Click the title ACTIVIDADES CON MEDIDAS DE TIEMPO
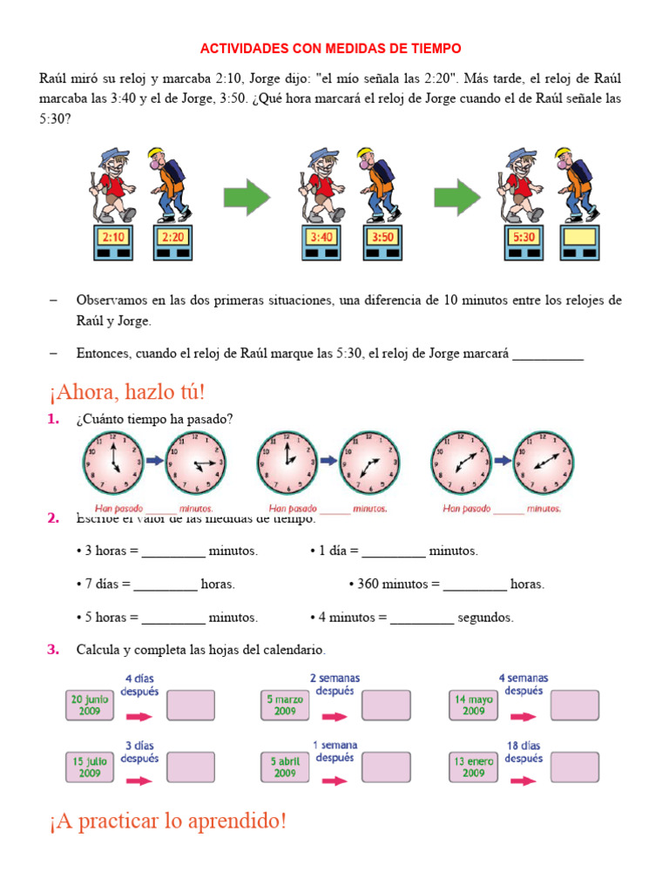coord(331,48)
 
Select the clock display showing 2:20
coord(172,237)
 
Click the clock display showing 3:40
coord(321,237)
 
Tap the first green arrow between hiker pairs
coord(247,198)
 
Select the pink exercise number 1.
coord(53,420)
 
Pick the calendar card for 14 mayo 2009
coord(473,704)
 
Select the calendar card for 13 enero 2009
coord(473,767)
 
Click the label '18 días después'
coord(524,752)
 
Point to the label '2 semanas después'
coord(334,684)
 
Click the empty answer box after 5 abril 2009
coord(386,767)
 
